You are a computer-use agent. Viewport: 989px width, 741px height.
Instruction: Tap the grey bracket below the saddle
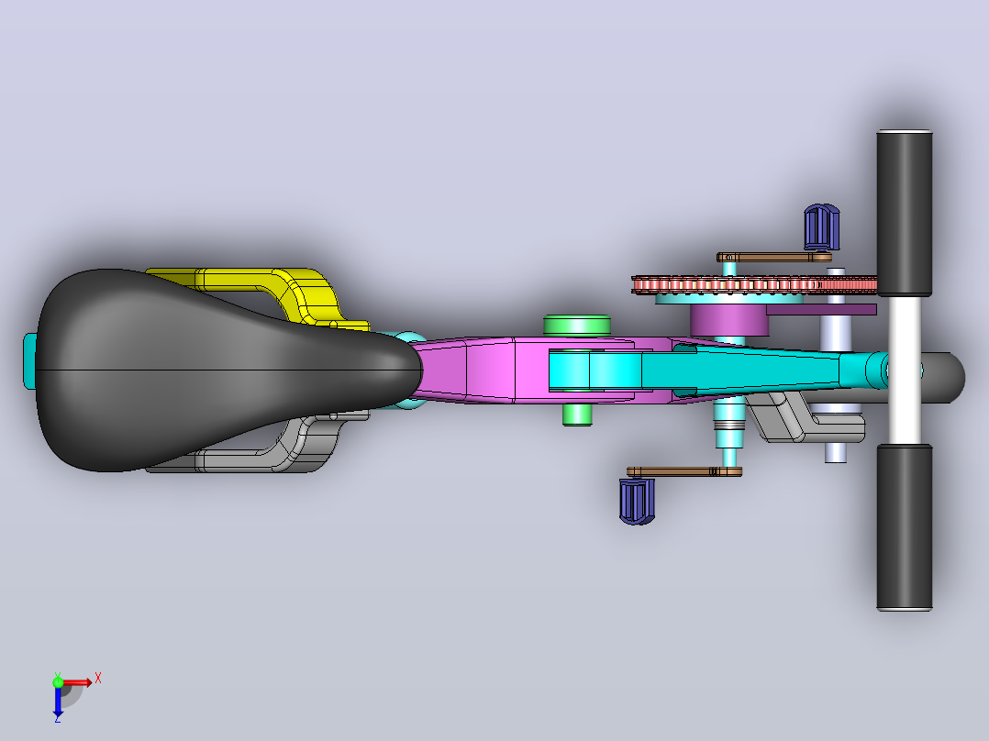[277, 448]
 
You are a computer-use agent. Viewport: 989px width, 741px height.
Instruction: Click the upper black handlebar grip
[904, 213]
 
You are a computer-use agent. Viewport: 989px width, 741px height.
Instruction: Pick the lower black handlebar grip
[904, 527]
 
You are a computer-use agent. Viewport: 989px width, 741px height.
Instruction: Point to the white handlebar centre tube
[904, 370]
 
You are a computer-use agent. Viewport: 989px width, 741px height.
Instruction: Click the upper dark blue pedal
[821, 227]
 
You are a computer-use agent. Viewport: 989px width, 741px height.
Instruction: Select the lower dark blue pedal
[637, 502]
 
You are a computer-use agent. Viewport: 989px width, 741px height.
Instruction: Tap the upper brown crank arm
[774, 258]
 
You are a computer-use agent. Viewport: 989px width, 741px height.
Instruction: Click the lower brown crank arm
[684, 471]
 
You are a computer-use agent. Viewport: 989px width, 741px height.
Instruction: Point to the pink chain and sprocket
[754, 284]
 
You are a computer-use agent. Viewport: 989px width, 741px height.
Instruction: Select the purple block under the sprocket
[729, 320]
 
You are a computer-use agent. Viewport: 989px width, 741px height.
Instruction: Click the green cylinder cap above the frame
[576, 325]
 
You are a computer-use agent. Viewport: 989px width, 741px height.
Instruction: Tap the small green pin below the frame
[577, 415]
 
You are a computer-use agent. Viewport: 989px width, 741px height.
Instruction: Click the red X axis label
[98, 679]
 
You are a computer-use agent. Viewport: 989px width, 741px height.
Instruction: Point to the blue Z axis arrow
[58, 702]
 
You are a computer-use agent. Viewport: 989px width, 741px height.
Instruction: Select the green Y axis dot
[58, 682]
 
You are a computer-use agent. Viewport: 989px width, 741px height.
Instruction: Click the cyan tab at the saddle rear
[29, 360]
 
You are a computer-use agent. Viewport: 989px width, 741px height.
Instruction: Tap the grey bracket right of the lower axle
[805, 417]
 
